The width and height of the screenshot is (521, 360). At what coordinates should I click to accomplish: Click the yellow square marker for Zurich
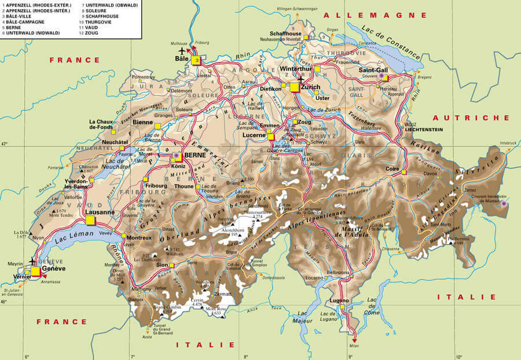pos(295,87)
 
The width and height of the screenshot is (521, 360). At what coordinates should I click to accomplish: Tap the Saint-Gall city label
pos(373,69)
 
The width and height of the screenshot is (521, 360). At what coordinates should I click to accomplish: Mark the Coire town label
pos(393,169)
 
